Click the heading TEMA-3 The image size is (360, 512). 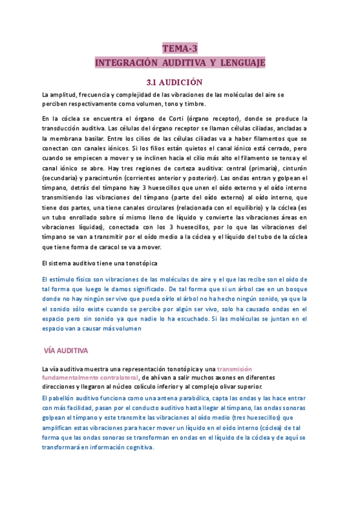coord(180,49)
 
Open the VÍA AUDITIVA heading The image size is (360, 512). coord(67,350)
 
